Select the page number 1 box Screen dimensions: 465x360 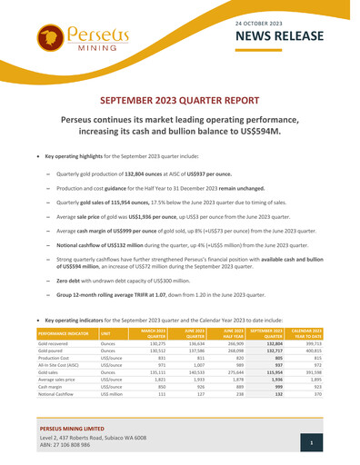pyautogui.click(x=311, y=442)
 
